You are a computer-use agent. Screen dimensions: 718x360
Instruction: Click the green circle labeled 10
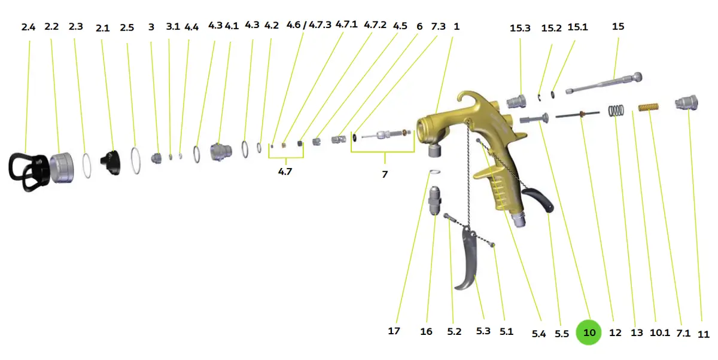pos(589,332)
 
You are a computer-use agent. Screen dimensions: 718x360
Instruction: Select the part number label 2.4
pos(28,28)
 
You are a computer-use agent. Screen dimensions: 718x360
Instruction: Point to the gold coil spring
pos(649,107)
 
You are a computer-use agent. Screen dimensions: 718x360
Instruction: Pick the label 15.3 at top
pos(520,28)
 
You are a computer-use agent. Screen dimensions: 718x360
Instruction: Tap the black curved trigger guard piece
pos(538,200)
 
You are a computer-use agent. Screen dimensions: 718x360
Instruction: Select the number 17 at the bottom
pos(394,331)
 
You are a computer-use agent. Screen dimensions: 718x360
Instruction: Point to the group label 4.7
pos(285,172)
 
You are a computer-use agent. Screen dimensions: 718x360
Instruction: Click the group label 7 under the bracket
pos(385,174)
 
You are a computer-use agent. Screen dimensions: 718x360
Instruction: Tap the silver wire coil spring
pos(616,111)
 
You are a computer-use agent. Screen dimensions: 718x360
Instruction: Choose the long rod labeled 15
pos(604,83)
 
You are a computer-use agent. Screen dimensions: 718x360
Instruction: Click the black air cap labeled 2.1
pos(111,163)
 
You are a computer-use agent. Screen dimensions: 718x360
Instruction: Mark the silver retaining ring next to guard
pos(62,168)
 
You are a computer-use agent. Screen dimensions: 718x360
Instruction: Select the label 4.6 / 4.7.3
pos(309,25)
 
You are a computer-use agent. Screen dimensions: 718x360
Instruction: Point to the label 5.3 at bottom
pos(483,331)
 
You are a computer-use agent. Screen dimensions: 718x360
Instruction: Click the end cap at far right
pos(687,103)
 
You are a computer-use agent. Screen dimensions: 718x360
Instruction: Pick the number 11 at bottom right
pos(704,334)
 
